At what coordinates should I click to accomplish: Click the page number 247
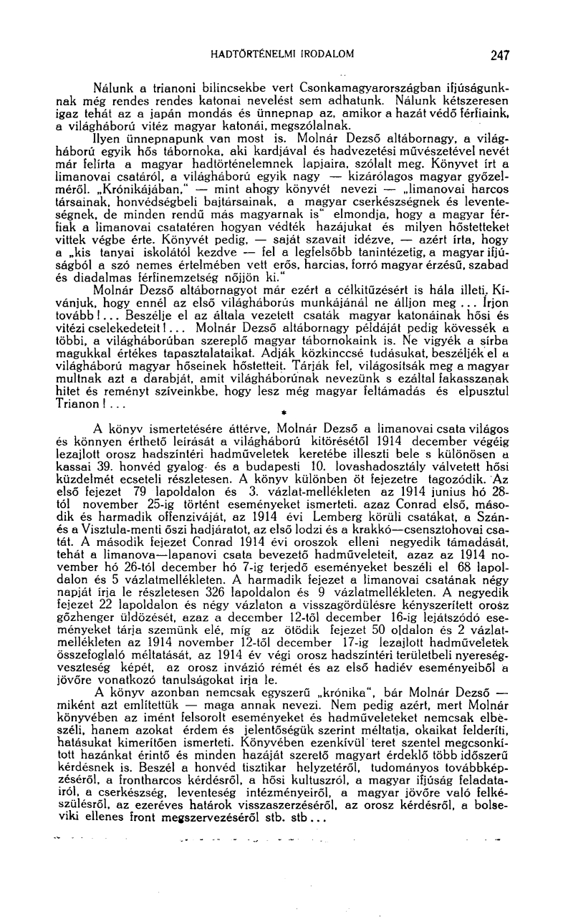pos(499,54)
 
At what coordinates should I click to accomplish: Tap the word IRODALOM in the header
pos(324,54)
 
